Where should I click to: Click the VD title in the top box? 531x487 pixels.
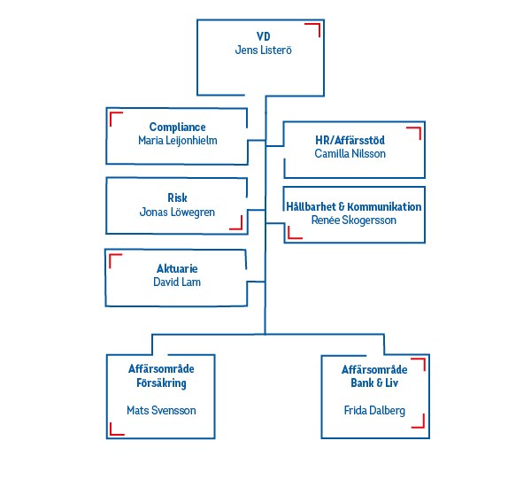(x=263, y=36)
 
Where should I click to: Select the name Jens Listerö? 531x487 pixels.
(x=263, y=50)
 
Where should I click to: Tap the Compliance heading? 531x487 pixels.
(x=177, y=127)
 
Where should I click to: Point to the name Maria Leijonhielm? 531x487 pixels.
(x=177, y=141)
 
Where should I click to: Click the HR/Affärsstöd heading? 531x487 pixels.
(x=350, y=140)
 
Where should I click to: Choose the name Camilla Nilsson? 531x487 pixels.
(x=350, y=154)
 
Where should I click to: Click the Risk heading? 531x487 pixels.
(x=177, y=197)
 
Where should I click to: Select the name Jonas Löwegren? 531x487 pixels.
(x=177, y=213)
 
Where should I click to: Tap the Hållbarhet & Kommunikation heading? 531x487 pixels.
(x=354, y=206)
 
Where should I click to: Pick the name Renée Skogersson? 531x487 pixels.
(x=354, y=220)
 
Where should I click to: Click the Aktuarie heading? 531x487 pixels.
(x=177, y=268)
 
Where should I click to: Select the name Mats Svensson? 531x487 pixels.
(x=161, y=411)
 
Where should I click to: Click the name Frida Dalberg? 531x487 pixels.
(x=375, y=411)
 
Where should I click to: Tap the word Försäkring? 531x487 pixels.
(x=161, y=383)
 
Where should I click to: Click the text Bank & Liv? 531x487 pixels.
(x=375, y=383)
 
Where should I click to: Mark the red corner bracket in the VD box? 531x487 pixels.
(x=313, y=30)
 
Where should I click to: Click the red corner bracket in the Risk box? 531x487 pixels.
(x=236, y=222)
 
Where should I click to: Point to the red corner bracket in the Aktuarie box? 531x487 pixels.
(x=114, y=259)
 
